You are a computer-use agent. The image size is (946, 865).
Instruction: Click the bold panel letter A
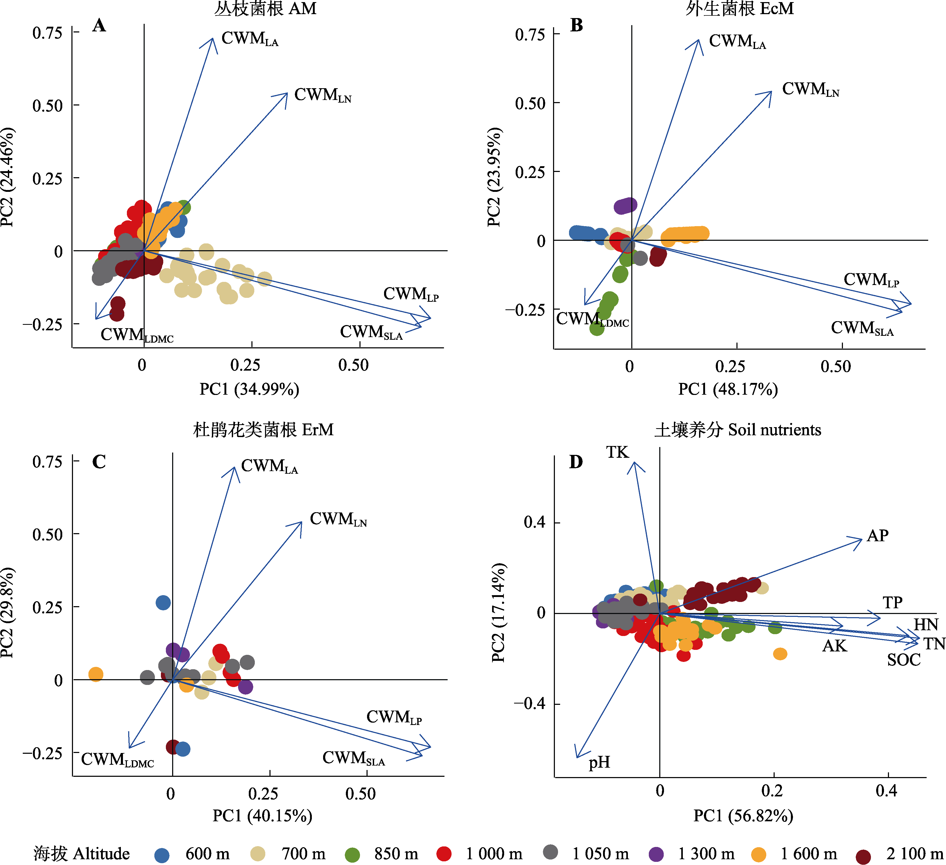(x=99, y=25)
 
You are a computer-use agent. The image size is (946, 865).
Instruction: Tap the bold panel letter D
(x=576, y=462)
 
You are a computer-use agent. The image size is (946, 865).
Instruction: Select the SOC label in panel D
(x=903, y=660)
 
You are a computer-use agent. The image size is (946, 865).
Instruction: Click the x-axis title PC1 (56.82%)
(x=743, y=816)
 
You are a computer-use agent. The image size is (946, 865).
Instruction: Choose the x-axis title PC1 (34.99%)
(x=249, y=389)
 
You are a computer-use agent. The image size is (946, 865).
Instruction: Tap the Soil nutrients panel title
(x=738, y=430)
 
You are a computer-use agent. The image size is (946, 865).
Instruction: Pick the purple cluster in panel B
(x=625, y=205)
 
